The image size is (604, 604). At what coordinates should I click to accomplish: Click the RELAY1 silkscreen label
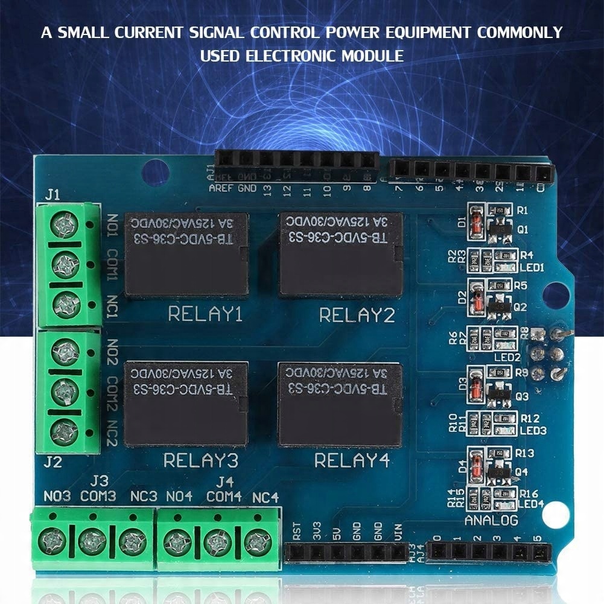[205, 314]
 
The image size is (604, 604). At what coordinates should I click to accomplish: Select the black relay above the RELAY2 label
[341, 254]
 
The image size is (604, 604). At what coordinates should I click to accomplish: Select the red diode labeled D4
[476, 466]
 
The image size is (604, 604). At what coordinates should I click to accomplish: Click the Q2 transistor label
[520, 307]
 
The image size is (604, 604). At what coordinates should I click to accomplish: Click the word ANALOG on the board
[491, 520]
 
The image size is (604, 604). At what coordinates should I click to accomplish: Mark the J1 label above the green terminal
[52, 195]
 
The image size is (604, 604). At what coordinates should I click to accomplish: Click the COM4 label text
[224, 497]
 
